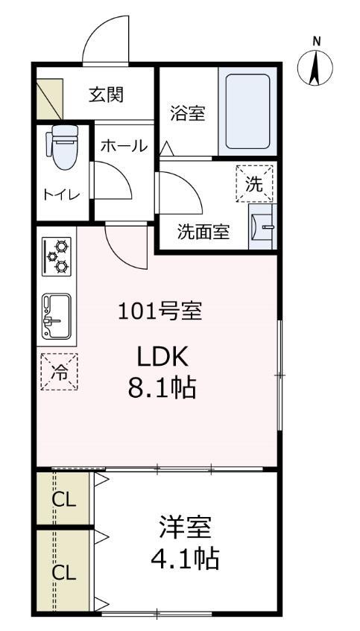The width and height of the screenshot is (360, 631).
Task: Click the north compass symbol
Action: (315, 66)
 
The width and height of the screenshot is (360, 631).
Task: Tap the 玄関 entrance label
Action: (107, 95)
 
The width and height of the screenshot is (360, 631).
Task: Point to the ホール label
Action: (123, 146)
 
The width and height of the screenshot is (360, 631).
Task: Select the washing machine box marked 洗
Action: (255, 183)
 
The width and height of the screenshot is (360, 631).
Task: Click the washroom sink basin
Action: (262, 225)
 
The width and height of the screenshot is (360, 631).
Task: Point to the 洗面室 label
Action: (203, 232)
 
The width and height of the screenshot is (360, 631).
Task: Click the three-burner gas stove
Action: (57, 256)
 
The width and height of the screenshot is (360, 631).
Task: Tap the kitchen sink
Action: (56, 314)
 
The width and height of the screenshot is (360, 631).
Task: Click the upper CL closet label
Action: (63, 500)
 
